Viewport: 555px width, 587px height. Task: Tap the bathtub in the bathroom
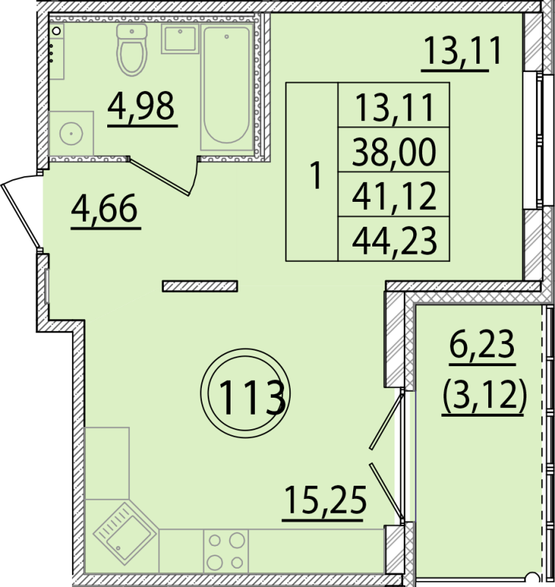(227, 87)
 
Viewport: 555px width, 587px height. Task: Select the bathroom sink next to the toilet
(179, 39)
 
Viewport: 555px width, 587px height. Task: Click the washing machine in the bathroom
(70, 133)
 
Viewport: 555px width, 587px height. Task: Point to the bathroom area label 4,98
(142, 109)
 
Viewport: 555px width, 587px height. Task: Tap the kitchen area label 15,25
(324, 503)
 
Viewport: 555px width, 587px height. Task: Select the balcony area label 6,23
(482, 346)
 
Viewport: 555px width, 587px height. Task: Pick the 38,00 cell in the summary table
(394, 150)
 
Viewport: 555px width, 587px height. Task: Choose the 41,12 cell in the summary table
(394, 194)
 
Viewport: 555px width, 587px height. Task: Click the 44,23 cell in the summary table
(394, 238)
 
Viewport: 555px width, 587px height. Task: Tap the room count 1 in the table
(316, 175)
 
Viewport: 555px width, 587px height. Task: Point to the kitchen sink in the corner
(123, 533)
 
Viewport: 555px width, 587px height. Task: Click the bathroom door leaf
(159, 177)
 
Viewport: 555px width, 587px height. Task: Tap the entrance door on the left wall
(21, 215)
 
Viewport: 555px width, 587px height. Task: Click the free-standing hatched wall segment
(200, 286)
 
